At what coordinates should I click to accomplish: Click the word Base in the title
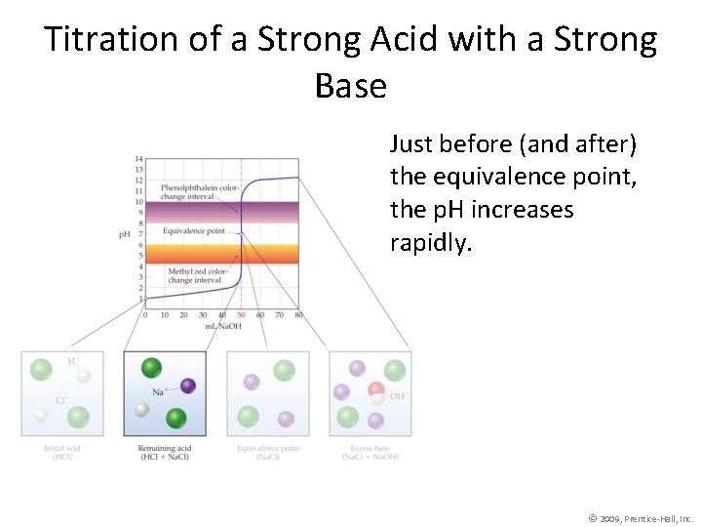pos(351,86)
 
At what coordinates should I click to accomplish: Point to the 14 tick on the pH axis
pos(139,158)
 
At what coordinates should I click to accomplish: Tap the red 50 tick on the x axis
pos(241,315)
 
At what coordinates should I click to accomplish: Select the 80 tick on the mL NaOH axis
pos(298,315)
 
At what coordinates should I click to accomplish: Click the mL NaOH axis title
pos(222,325)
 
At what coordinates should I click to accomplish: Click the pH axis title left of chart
pos(124,234)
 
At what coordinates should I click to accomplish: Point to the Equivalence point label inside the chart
pos(193,231)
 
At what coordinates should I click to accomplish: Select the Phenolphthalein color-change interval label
pos(200,191)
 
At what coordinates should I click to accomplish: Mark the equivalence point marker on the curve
pos(242,233)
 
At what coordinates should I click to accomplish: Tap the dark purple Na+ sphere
pos(188,385)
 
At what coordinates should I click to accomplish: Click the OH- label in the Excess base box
pos(398,396)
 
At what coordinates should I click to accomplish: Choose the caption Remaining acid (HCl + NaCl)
pos(165,453)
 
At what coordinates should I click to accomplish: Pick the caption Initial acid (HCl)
pos(60,453)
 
